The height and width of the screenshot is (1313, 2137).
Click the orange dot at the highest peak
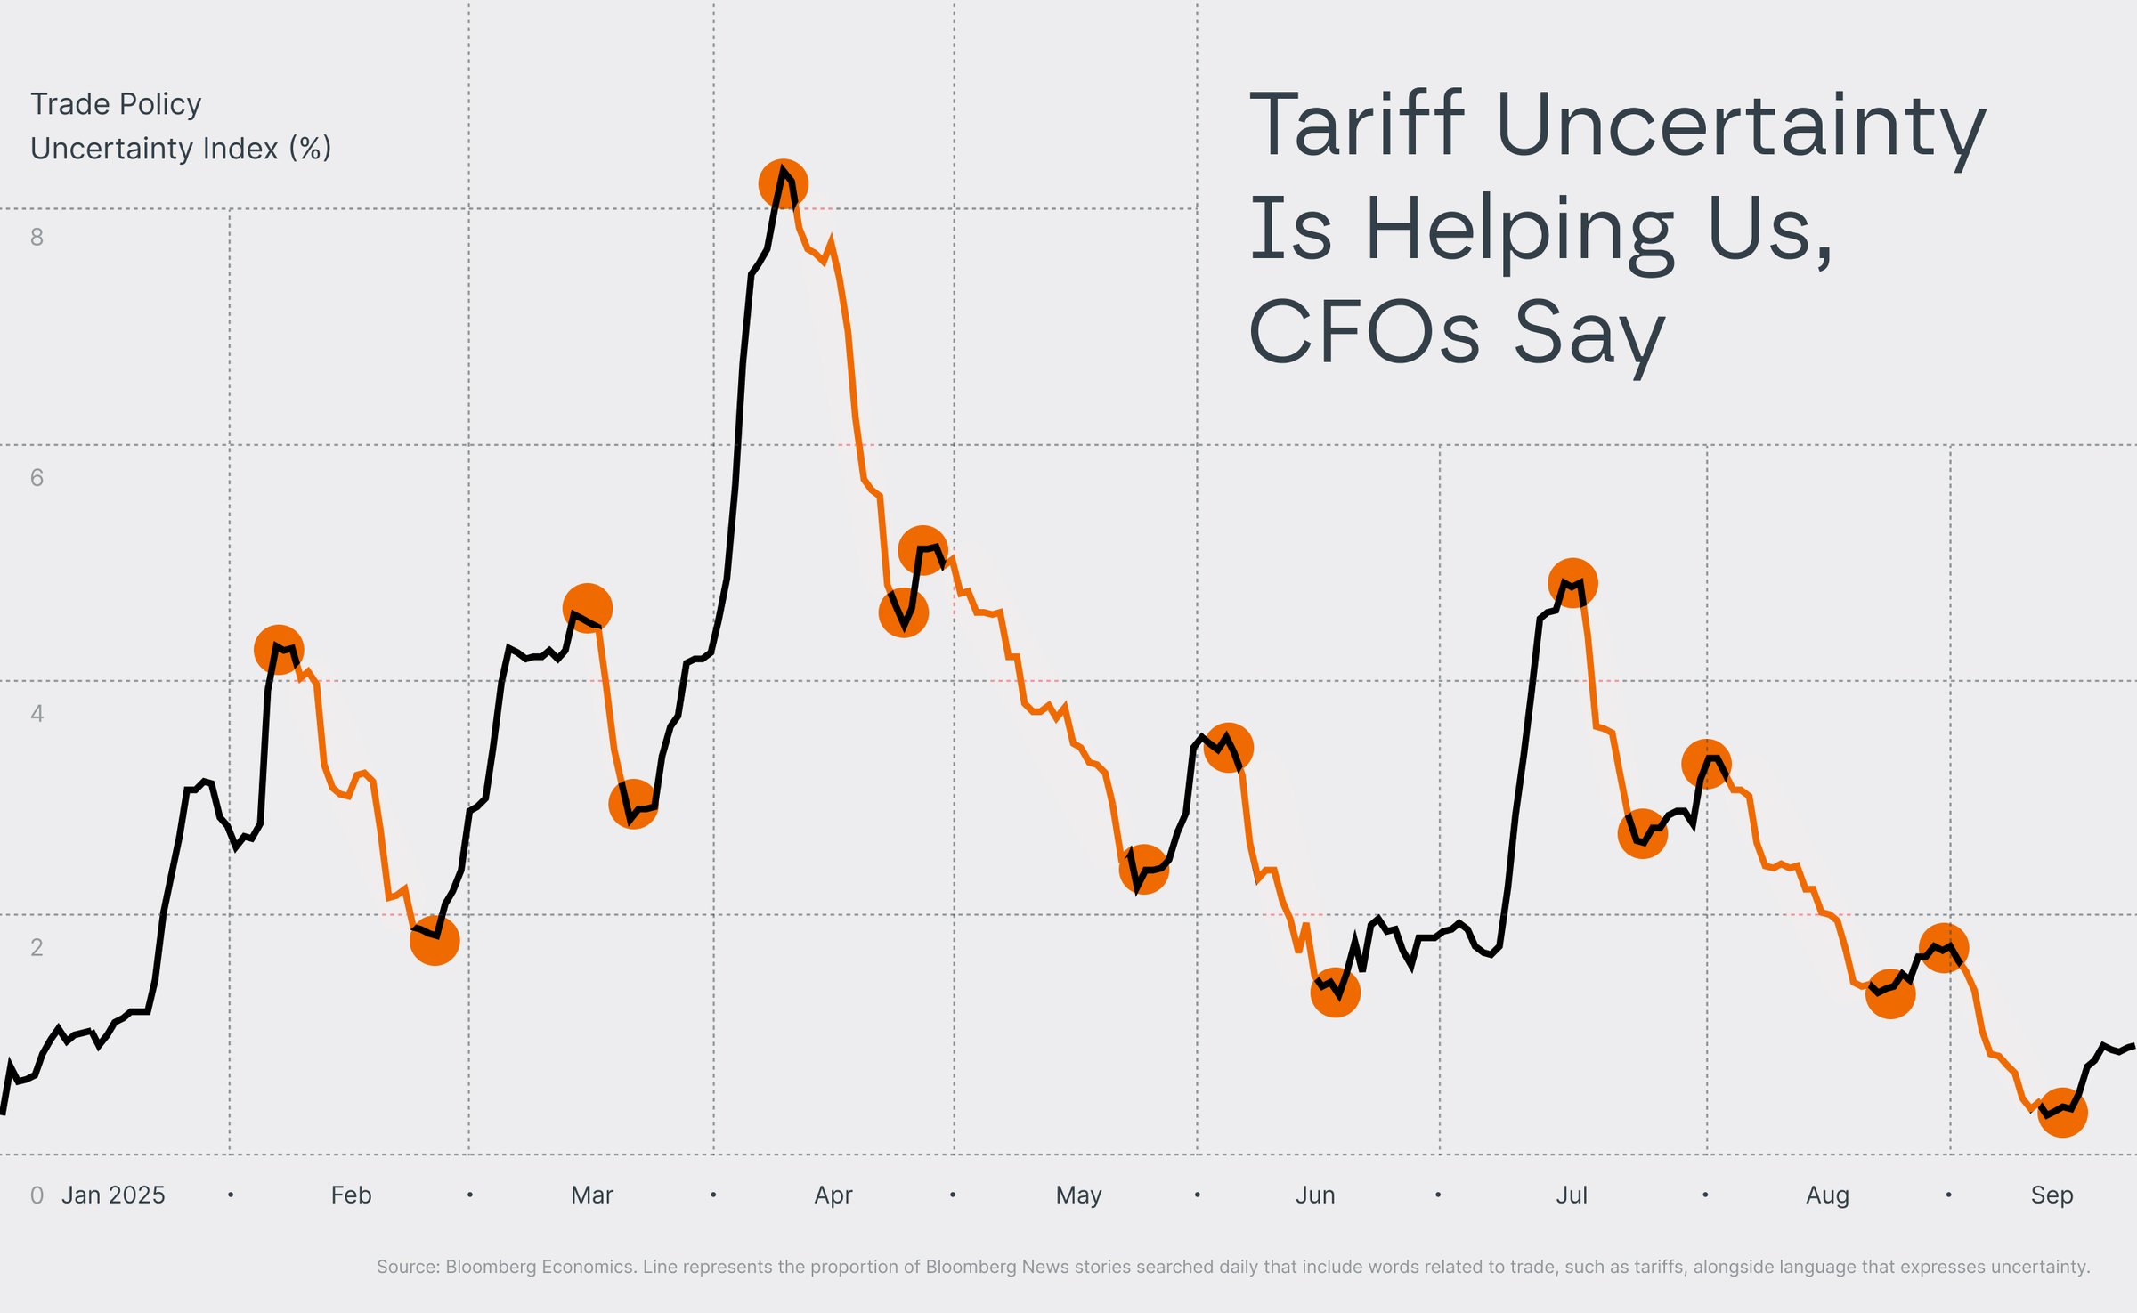pos(783,184)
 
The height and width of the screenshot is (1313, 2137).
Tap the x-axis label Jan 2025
pos(113,1195)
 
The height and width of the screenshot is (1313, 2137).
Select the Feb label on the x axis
pos(351,1195)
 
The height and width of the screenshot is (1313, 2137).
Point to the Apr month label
pos(833,1195)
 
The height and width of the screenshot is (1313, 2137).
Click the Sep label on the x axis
pos(2052,1195)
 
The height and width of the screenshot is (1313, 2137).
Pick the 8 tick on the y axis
pos(37,237)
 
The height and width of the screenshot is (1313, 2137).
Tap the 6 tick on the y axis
pos(37,478)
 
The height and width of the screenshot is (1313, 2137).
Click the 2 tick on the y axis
pos(37,947)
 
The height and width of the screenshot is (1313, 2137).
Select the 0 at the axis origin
pos(37,1195)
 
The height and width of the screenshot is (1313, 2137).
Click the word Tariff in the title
pos(1356,125)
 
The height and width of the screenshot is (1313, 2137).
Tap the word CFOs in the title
pos(1363,332)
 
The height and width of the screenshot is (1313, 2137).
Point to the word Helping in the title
pos(1519,230)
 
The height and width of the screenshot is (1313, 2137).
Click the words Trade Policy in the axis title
pos(116,104)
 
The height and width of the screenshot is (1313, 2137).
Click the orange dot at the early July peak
pos(1572,583)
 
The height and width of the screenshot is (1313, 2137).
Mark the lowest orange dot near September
pos(2062,1113)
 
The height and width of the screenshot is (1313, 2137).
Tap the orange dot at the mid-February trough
pos(435,940)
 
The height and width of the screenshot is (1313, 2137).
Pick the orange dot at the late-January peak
pos(279,650)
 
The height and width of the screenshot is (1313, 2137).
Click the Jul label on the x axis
pos(1571,1195)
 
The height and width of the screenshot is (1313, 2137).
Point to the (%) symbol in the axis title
pos(310,148)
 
